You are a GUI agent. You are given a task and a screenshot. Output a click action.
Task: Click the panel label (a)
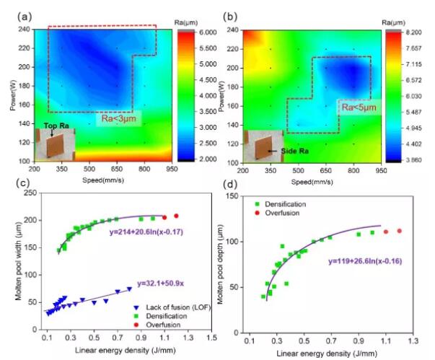click(x=14, y=14)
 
